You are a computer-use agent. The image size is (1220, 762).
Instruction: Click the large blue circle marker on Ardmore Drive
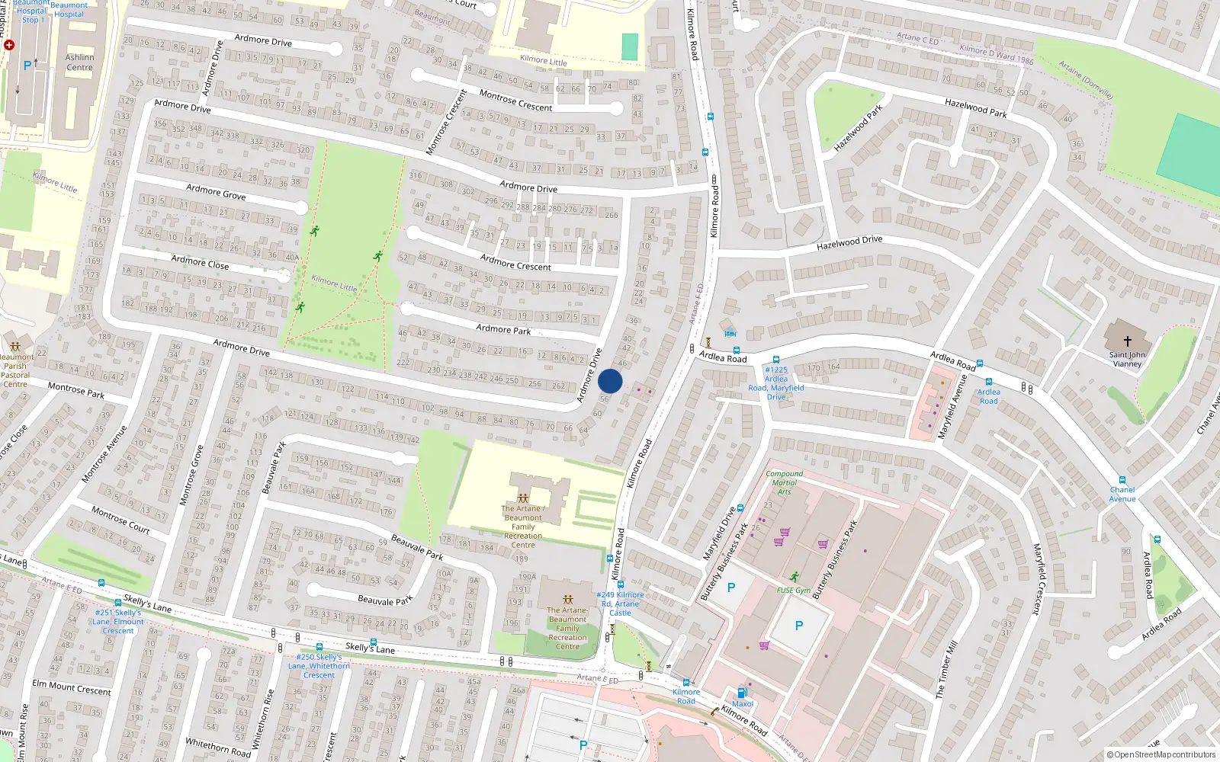click(x=610, y=381)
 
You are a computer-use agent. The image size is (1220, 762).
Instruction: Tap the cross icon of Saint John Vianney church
click(x=1127, y=341)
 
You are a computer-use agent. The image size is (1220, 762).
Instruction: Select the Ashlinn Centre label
click(x=79, y=62)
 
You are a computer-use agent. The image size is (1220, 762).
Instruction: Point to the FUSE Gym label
click(x=794, y=591)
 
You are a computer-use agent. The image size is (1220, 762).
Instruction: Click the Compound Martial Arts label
click(x=785, y=482)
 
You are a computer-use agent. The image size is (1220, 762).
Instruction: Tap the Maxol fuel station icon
click(x=741, y=693)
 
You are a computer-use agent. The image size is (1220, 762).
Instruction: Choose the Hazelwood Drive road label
click(x=849, y=242)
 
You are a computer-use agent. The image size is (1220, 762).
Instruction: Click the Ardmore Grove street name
click(x=216, y=191)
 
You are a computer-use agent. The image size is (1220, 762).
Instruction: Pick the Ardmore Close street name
click(x=200, y=262)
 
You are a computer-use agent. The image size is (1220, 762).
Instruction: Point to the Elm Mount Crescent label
click(x=72, y=687)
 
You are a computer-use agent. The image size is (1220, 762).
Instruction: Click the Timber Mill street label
click(x=946, y=670)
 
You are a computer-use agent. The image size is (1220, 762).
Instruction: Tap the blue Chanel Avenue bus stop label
click(x=1122, y=494)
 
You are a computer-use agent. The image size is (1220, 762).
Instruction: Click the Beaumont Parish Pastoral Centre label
click(x=15, y=370)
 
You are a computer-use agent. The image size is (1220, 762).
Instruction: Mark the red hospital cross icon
click(x=8, y=45)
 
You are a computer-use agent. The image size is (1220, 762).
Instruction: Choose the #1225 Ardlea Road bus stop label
click(x=776, y=383)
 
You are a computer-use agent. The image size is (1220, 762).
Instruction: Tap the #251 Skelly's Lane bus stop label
click(x=118, y=621)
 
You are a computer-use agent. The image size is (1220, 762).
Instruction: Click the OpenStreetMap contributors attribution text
click(x=1162, y=755)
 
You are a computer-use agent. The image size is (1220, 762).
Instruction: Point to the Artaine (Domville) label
click(x=1086, y=81)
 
